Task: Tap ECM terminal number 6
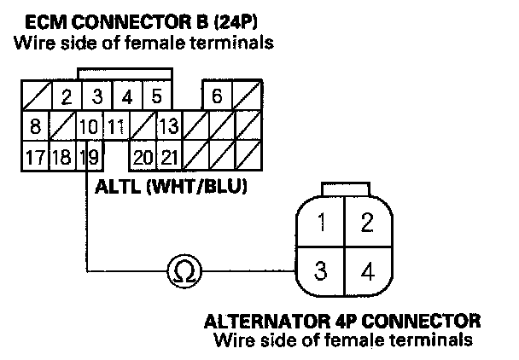pyautogui.click(x=217, y=96)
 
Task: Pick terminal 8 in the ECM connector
pyautogui.click(x=35, y=127)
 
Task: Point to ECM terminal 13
pyautogui.click(x=167, y=127)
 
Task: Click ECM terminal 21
pyautogui.click(x=168, y=156)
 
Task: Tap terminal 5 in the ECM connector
pyautogui.click(x=156, y=96)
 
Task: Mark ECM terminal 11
pyautogui.click(x=116, y=127)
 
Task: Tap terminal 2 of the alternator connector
pyautogui.click(x=367, y=224)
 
